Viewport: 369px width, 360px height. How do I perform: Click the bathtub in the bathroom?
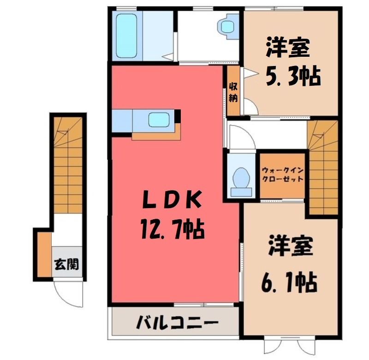126,36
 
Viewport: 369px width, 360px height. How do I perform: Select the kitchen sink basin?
159,119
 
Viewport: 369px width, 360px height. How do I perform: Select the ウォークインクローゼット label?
282,174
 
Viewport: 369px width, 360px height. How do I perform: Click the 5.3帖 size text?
293,76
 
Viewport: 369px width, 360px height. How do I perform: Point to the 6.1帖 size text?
289,282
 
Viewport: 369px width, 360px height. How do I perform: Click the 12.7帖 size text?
173,228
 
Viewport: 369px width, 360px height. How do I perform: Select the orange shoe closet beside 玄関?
44,254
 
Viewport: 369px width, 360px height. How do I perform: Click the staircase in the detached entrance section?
68,165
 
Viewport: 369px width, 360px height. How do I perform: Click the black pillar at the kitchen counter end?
177,116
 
